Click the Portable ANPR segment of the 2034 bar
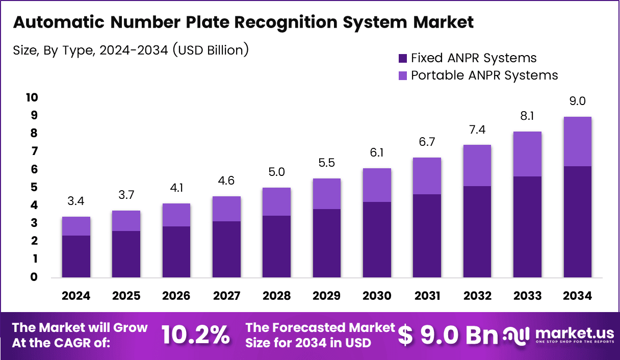[577, 141]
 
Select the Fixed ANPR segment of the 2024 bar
[76, 256]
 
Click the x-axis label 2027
[226, 296]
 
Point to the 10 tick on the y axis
[32, 97]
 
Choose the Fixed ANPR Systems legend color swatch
[402, 58]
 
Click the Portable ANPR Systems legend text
[484, 75]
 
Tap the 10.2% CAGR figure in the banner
[196, 335]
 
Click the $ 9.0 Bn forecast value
[447, 335]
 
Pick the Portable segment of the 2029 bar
[327, 194]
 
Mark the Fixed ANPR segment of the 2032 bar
[477, 232]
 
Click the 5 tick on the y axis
[34, 187]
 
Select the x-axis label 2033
[527, 296]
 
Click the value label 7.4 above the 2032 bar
[477, 130]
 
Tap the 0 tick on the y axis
[34, 277]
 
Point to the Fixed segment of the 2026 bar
[176, 252]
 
